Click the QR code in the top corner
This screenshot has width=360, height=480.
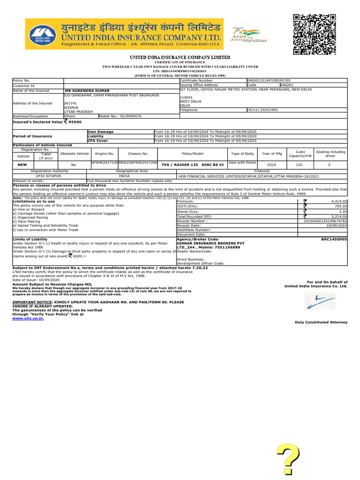coord(315,35)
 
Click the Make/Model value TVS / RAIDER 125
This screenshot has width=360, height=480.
coord(193,165)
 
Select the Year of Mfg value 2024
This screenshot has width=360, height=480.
coord(271,165)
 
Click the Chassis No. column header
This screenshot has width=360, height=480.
coord(138,153)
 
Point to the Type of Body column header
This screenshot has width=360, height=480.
coord(242,153)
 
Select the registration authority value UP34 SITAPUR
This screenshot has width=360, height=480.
coord(49,176)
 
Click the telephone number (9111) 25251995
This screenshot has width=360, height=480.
coord(262,110)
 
